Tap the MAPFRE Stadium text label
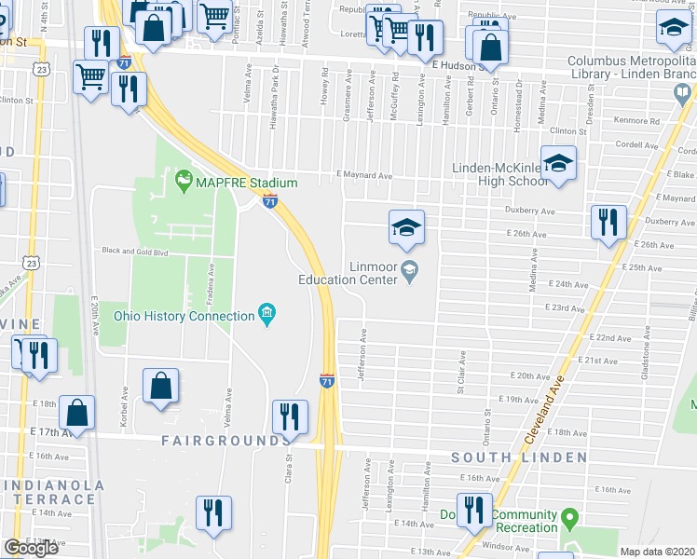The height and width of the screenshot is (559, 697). pyautogui.click(x=245, y=183)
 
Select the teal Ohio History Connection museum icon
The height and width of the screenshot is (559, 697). pyautogui.click(x=267, y=315)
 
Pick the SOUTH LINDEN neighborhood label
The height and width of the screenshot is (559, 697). pyautogui.click(x=519, y=457)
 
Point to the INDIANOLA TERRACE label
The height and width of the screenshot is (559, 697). pyautogui.click(x=51, y=492)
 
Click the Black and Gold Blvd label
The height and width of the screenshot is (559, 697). pyautogui.click(x=134, y=252)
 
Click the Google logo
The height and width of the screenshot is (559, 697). pyautogui.click(x=31, y=548)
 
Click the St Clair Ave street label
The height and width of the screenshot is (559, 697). pyautogui.click(x=460, y=370)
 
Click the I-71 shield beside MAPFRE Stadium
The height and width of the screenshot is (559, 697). pyautogui.click(x=269, y=201)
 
